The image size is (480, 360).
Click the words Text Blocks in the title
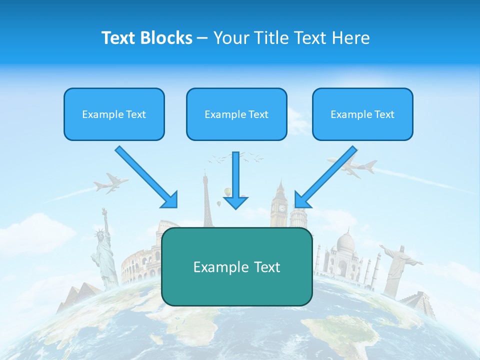coord(146,38)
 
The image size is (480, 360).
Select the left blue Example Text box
coord(114,114)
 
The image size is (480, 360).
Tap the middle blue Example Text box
coord(236,114)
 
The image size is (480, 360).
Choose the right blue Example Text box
coord(362,114)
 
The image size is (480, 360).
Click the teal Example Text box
coord(236,267)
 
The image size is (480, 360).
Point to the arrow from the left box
coord(146,177)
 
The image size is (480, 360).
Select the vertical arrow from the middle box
coord(235,180)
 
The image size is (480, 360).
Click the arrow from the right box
coord(325,177)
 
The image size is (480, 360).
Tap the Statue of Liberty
coord(104,250)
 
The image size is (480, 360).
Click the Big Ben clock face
coord(282,208)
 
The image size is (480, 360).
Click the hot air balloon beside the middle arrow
coord(228,192)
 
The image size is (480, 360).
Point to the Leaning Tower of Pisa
coord(298,217)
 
